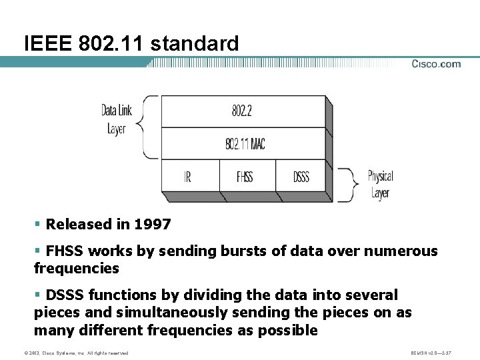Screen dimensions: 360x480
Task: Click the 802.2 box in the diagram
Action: (242, 111)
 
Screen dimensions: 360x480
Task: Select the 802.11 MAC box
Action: (245, 143)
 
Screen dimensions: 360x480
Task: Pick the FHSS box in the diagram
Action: (245, 177)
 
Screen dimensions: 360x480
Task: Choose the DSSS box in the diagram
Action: (301, 177)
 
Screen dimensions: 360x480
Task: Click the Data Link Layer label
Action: (117, 119)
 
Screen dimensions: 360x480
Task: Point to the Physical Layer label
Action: (380, 185)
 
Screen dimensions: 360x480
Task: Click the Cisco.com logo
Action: (436, 64)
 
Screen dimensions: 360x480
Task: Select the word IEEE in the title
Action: (48, 44)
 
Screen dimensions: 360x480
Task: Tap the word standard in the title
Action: (195, 44)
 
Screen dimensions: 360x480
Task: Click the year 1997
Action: (153, 225)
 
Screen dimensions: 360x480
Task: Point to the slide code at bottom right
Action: (433, 353)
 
